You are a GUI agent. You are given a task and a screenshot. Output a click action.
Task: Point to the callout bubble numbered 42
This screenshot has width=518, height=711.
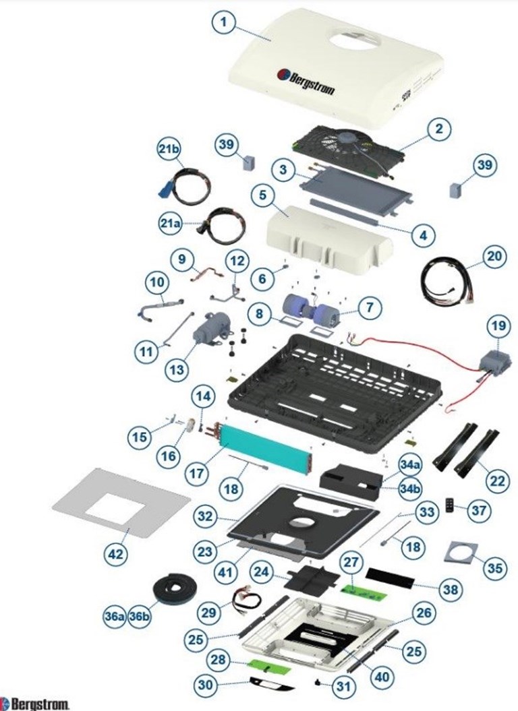pos(116,554)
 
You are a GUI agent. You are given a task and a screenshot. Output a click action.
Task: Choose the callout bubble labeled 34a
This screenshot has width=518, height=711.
pos(410,465)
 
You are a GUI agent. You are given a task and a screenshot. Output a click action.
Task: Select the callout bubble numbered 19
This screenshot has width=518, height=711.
pos(498,326)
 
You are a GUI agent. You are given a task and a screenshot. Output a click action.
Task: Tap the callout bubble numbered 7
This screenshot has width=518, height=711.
pos(369,308)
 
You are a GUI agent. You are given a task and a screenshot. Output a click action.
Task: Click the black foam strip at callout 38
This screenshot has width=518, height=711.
pos(391,578)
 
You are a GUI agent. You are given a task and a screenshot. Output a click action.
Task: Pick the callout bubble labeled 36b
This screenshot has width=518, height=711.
pos(140,617)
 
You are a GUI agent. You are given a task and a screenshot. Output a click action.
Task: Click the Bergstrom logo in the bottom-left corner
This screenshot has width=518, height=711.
pos(36,704)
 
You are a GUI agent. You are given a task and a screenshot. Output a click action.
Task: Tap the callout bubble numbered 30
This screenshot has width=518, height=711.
pos(206,685)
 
